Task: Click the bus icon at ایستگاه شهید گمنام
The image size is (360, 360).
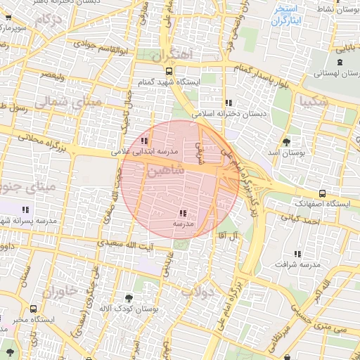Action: (x=168, y=71)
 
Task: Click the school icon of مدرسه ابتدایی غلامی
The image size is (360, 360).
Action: (x=145, y=141)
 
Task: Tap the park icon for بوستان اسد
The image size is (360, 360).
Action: (x=286, y=141)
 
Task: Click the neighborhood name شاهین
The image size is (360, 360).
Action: (x=166, y=171)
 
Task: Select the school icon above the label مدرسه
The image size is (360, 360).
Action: (x=184, y=213)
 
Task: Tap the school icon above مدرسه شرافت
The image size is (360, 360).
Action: (x=298, y=253)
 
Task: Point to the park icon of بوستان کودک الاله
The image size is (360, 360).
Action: (x=128, y=298)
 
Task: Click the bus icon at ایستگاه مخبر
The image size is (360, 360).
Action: (x=34, y=309)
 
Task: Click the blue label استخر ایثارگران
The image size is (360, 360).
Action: (x=288, y=15)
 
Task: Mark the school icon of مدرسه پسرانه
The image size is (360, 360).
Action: (x=26, y=210)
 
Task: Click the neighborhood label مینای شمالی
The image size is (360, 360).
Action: (x=69, y=101)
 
